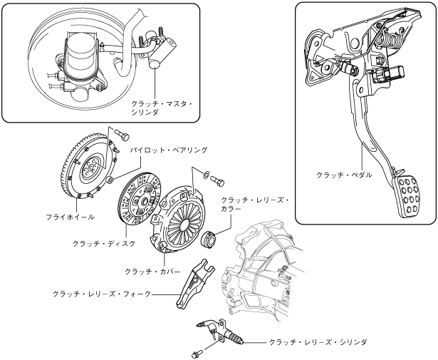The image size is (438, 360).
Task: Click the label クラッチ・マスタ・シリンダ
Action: pos(162,108)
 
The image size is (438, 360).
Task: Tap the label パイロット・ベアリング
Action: pos(169,150)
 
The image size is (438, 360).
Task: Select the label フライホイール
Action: pos(71,217)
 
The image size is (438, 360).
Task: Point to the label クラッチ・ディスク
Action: pos(104,244)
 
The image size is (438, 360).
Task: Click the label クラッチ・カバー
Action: pos(152,271)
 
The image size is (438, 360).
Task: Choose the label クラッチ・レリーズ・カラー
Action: pos(255,205)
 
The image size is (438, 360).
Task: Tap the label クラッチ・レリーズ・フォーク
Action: pos(102,294)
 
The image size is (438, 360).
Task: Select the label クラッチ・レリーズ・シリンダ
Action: pos(318,342)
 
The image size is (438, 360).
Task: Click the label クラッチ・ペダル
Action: pos(344,175)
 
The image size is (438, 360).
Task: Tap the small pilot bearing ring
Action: pos(110,180)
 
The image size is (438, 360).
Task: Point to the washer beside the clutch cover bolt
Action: pos(205,174)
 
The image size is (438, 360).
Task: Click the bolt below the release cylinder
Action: pos(197,353)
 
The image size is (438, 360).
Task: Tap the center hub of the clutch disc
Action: pos(145,200)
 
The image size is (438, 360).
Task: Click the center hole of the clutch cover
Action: pos(185,225)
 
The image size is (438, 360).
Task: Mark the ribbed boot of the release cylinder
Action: pos(238,339)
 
